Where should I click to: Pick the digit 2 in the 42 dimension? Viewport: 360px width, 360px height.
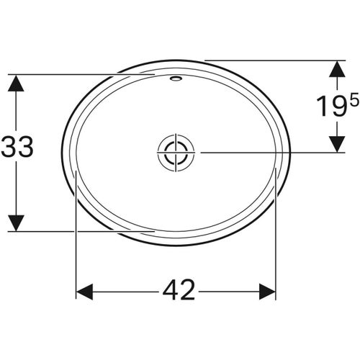pyautogui.click(x=186, y=291)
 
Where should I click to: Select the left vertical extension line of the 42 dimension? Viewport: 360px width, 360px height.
pyautogui.click(x=76, y=238)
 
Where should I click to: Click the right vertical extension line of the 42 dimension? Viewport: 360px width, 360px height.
pyautogui.click(x=277, y=238)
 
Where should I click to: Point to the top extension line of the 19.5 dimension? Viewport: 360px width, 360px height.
pyautogui.click(x=274, y=60)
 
